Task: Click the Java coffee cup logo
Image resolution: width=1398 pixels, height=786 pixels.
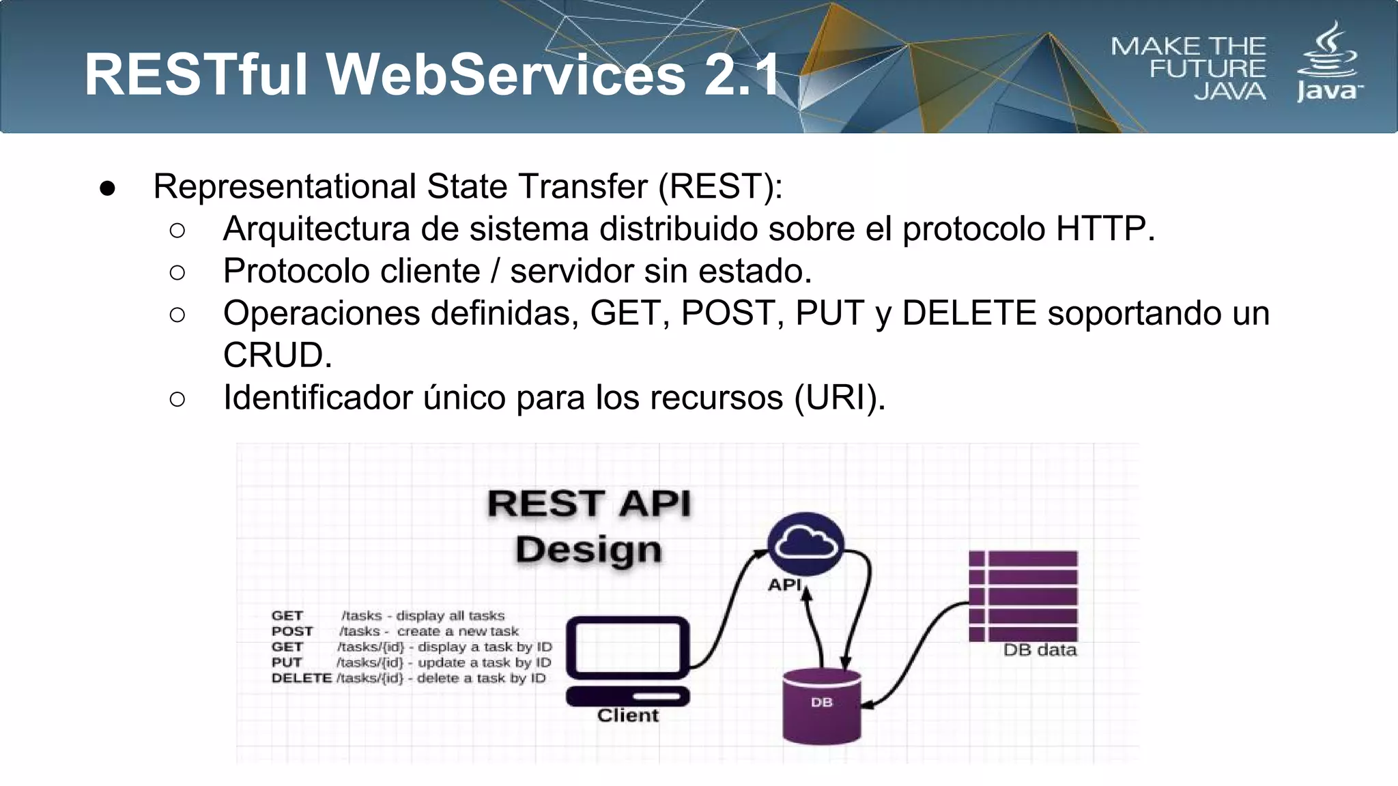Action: pos(1328,61)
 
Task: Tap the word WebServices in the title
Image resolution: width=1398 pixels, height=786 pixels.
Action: pos(506,74)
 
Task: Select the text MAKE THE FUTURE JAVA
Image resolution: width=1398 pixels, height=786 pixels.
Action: pos(1189,68)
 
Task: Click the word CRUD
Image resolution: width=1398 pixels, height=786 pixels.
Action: pos(277,355)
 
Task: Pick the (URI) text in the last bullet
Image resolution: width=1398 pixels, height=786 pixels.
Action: pos(839,398)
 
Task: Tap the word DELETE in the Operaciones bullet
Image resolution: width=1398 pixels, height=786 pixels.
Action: pos(969,313)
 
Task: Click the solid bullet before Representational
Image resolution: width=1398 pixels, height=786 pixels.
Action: pos(107,188)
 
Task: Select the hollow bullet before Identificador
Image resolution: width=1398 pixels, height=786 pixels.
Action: pos(177,399)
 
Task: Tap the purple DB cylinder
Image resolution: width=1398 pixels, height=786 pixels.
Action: pos(821,706)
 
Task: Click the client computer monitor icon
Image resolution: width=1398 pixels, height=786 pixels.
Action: pos(627,648)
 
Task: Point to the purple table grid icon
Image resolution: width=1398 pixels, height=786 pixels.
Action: pos(1023,596)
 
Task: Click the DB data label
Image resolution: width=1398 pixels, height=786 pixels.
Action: pos(1040,650)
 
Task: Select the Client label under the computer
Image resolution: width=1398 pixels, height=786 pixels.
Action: pos(627,716)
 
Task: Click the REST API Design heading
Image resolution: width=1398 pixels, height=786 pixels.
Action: pos(589,526)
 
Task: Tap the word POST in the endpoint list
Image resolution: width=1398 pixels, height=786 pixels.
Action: pos(292,631)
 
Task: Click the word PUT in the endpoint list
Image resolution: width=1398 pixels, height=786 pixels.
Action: pos(287,663)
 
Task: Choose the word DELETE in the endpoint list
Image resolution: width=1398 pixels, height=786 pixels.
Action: pos(301,678)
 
